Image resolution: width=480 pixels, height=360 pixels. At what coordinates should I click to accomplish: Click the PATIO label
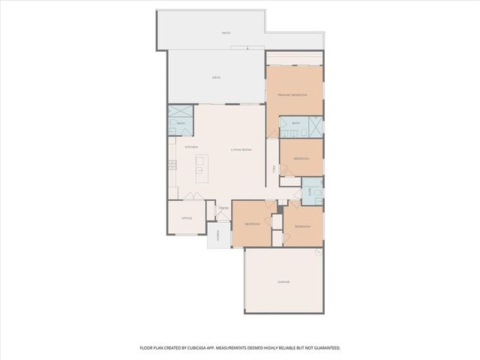coord(226,34)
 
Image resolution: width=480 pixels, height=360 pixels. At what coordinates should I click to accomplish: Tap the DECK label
coord(216,77)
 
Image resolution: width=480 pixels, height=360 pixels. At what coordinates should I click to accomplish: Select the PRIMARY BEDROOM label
coord(293,95)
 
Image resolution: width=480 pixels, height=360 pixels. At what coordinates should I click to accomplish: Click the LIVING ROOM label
coord(241,150)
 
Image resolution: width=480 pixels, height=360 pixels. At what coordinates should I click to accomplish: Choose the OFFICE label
coord(187,218)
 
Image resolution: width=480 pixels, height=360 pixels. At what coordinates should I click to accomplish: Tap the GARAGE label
coord(283,282)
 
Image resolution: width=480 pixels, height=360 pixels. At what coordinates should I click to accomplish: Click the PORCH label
coord(218,235)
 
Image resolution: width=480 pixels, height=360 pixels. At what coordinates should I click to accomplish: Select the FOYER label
coord(223,208)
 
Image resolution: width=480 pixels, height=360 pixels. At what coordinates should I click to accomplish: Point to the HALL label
coord(274,169)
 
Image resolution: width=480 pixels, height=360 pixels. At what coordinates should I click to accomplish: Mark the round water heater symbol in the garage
coord(318,253)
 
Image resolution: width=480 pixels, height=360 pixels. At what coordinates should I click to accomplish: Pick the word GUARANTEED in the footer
coord(324,348)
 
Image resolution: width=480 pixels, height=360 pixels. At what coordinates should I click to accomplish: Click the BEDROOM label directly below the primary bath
coord(301,159)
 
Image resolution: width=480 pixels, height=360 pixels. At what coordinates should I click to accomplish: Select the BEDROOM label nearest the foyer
coord(251,223)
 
